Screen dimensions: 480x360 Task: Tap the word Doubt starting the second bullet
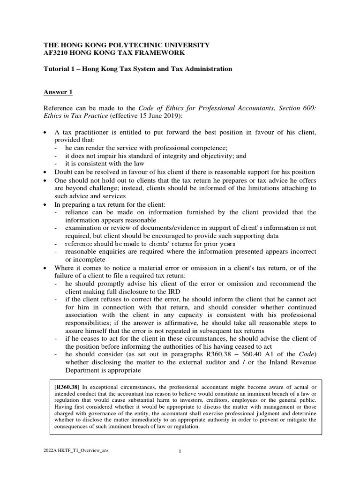(x=64, y=172)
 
